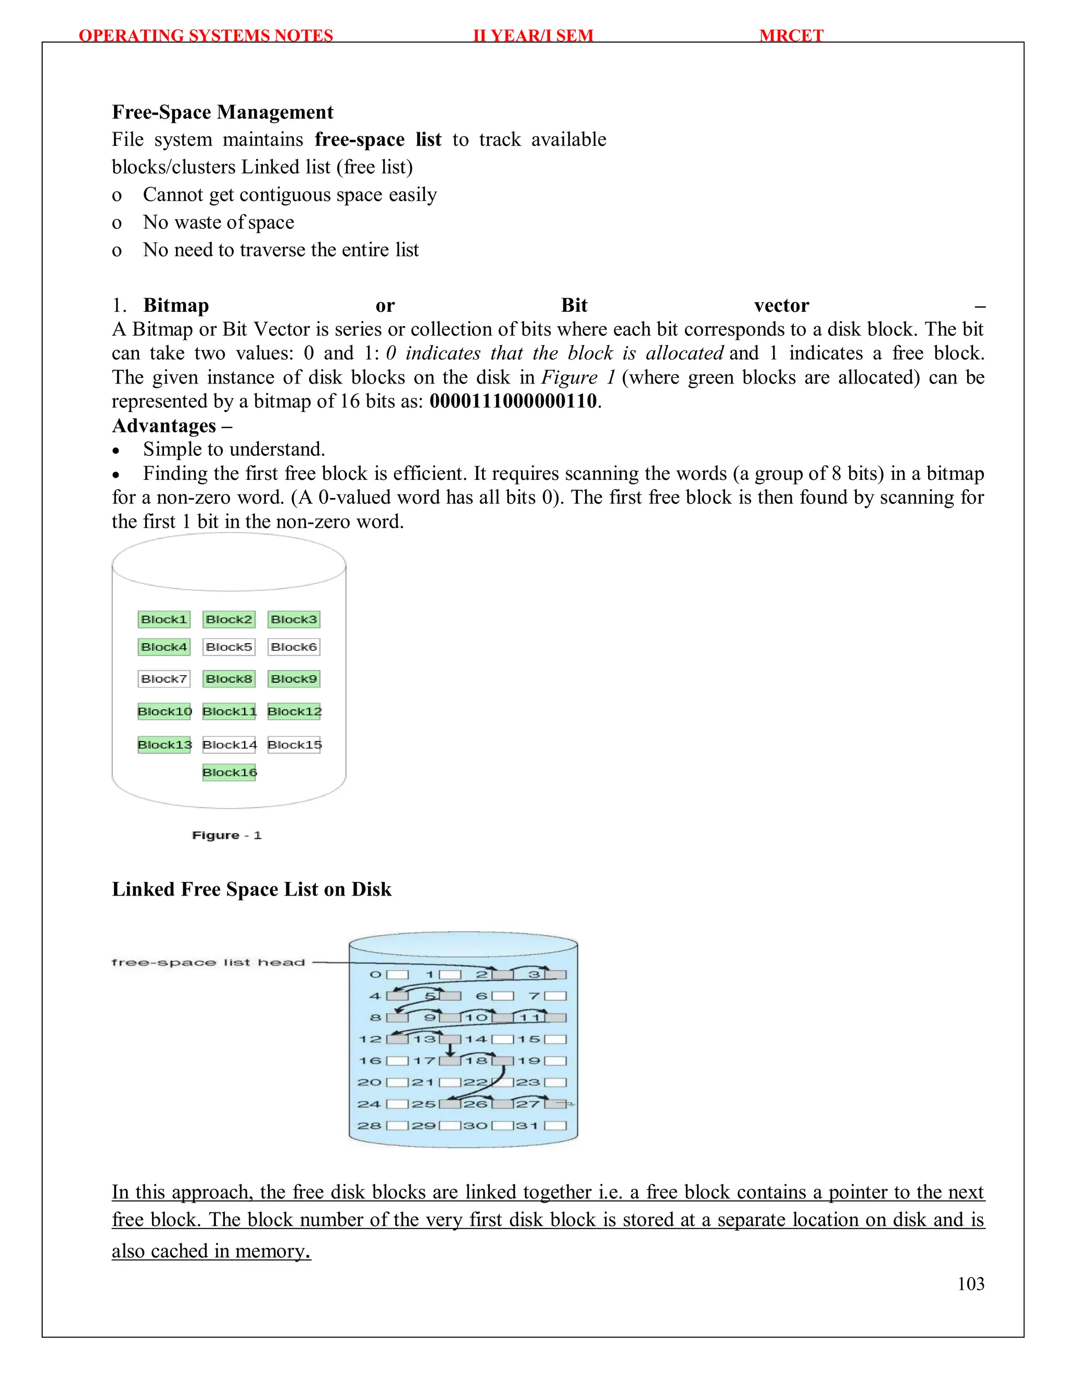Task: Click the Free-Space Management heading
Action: point(222,112)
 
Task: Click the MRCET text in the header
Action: point(791,35)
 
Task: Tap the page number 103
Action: point(971,1283)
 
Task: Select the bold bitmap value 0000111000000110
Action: point(513,401)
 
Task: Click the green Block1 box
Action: point(164,619)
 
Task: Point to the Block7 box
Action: point(164,679)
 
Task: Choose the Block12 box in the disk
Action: point(294,711)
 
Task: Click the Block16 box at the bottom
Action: point(229,772)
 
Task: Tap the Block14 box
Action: point(229,745)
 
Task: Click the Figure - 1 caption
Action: point(226,835)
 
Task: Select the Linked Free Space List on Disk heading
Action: point(251,889)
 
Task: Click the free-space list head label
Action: point(208,962)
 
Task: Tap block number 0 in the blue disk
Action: point(376,975)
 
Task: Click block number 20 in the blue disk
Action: point(370,1082)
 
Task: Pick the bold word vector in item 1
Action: point(781,305)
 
